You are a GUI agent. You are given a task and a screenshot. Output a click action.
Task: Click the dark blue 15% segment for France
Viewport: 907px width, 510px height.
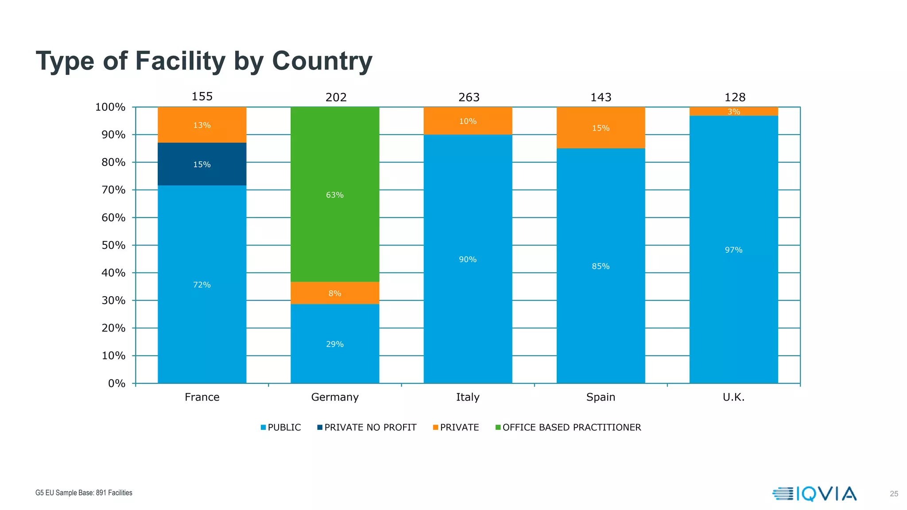(x=202, y=164)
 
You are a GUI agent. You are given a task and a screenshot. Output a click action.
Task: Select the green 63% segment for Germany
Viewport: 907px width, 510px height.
(x=335, y=195)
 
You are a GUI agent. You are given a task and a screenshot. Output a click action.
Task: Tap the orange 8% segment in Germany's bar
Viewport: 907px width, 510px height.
(x=335, y=293)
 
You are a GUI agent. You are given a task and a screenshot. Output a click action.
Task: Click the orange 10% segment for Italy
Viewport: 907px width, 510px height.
(x=468, y=121)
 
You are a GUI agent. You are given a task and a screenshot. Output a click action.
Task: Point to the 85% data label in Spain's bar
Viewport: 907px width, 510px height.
(x=601, y=266)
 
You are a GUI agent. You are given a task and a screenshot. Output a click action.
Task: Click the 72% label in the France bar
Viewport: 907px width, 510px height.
(x=202, y=285)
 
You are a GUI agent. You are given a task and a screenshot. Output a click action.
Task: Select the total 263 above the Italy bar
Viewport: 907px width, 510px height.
(x=469, y=97)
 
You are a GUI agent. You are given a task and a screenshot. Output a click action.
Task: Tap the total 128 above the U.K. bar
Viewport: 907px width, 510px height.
(x=735, y=97)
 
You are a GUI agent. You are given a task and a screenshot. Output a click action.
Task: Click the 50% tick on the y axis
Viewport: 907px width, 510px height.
(x=113, y=245)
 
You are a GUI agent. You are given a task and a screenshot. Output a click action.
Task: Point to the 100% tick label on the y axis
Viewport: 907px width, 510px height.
(x=110, y=107)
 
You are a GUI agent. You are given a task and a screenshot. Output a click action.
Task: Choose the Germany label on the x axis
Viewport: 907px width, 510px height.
(x=335, y=397)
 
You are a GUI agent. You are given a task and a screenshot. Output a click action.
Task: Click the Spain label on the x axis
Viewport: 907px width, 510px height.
(x=601, y=397)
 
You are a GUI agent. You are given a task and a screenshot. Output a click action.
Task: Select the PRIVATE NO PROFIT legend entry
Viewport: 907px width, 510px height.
(x=367, y=427)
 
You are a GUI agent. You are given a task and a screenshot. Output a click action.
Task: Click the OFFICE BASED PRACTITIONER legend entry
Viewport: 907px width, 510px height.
(x=568, y=427)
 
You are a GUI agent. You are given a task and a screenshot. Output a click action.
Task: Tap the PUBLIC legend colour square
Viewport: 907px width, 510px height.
(x=263, y=427)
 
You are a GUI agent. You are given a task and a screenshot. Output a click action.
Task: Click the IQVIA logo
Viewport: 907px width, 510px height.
(x=814, y=494)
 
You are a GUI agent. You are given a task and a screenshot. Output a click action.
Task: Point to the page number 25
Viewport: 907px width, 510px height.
(x=894, y=494)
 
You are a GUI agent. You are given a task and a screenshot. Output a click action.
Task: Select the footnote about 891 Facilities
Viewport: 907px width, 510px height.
(x=84, y=493)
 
